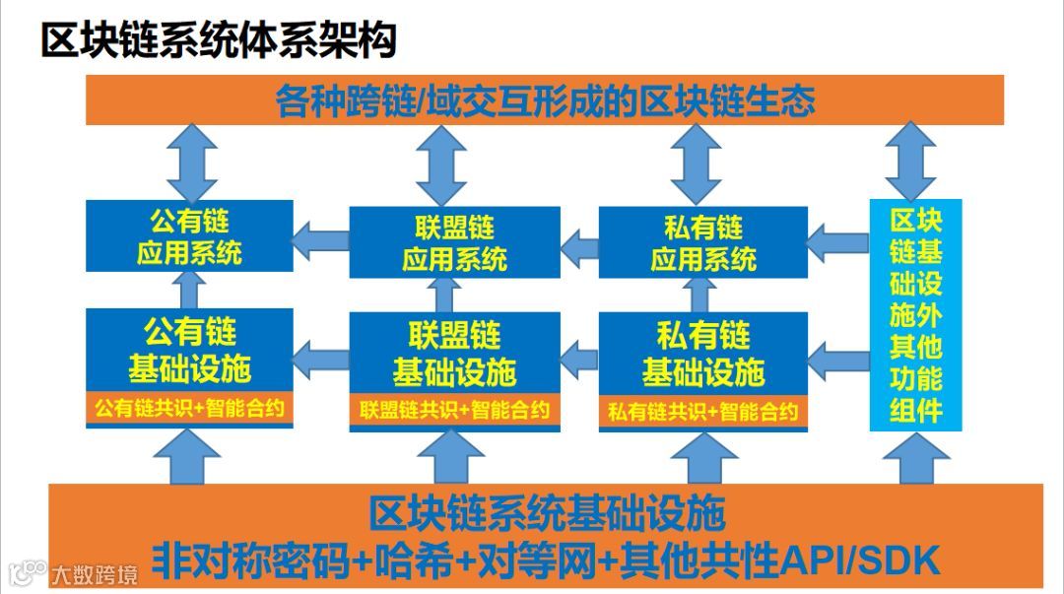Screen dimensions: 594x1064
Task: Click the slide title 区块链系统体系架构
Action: [219, 40]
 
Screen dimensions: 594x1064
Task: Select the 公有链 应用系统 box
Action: [189, 236]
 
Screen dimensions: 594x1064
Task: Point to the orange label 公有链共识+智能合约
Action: [189, 408]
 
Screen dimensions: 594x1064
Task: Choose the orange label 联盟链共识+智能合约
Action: [454, 410]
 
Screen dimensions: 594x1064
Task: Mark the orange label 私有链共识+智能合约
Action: [702, 411]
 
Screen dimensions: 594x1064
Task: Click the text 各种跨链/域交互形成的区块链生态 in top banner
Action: [545, 100]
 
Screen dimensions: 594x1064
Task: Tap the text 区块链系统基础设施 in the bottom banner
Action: [547, 513]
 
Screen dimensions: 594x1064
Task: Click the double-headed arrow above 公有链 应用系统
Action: [191, 163]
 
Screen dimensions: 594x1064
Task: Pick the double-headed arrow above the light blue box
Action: [910, 163]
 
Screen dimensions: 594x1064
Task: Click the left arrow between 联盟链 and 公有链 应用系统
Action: [321, 240]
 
